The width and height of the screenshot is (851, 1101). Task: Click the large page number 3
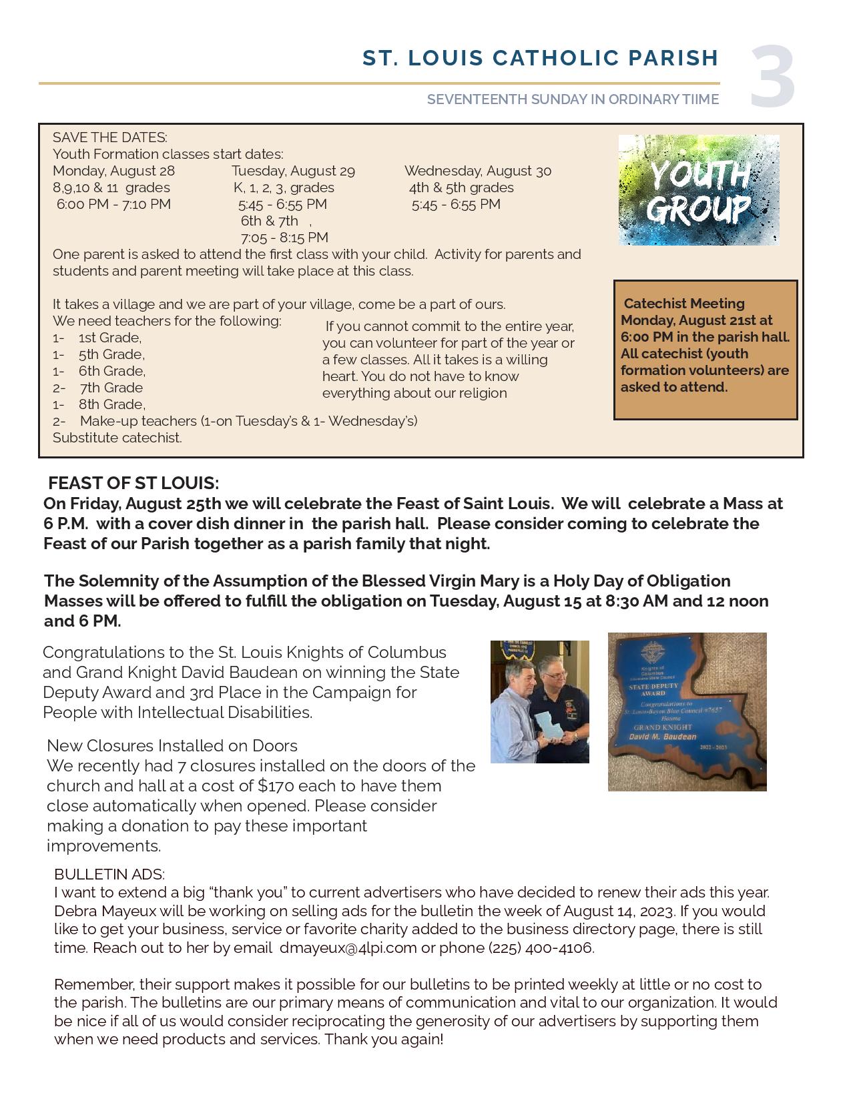coord(772,76)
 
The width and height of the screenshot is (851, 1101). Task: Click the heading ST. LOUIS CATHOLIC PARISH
coord(540,58)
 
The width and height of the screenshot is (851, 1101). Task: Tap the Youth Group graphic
coord(698,190)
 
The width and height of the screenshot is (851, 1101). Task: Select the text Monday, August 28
coord(113,171)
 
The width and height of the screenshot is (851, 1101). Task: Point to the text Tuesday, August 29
coord(293,171)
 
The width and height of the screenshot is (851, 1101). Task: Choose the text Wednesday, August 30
coord(477,171)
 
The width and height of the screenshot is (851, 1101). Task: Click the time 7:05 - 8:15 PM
coord(284,238)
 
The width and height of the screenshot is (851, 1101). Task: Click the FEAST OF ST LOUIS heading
coord(133,483)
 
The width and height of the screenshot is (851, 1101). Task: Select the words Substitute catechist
coord(117,438)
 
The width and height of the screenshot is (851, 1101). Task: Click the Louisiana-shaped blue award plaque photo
coord(687,711)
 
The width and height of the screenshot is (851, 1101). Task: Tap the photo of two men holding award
coord(539,701)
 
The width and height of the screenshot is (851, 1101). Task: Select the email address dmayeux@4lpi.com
coord(348,948)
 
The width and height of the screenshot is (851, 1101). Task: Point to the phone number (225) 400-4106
coord(541,948)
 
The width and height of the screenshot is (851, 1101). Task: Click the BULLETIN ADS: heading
coord(109,874)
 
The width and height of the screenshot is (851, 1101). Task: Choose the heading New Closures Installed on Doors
coord(172,745)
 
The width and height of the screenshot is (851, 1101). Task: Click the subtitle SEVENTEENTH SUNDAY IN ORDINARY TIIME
coord(573,99)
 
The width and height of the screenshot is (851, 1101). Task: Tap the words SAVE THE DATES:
coord(110,137)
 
